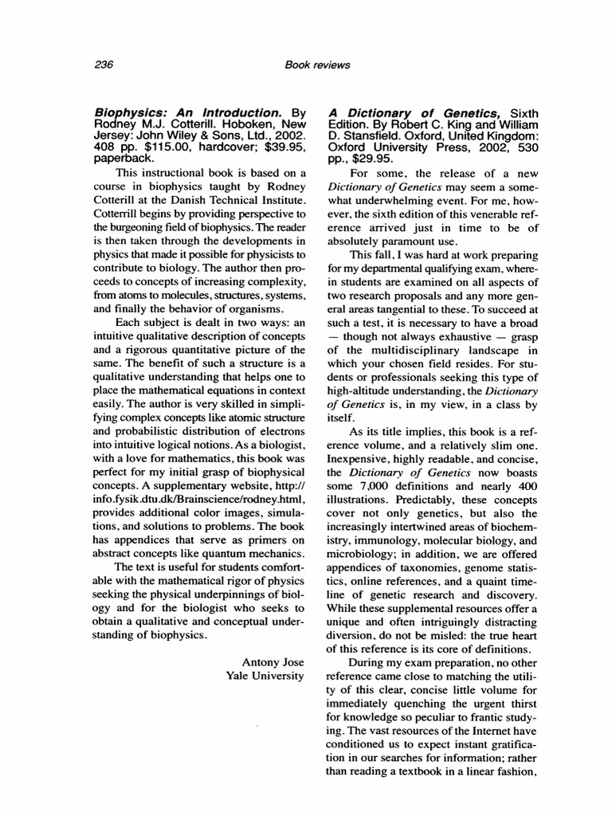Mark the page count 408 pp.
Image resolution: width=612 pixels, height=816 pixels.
click(113, 147)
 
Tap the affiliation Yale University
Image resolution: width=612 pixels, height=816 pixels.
click(265, 676)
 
